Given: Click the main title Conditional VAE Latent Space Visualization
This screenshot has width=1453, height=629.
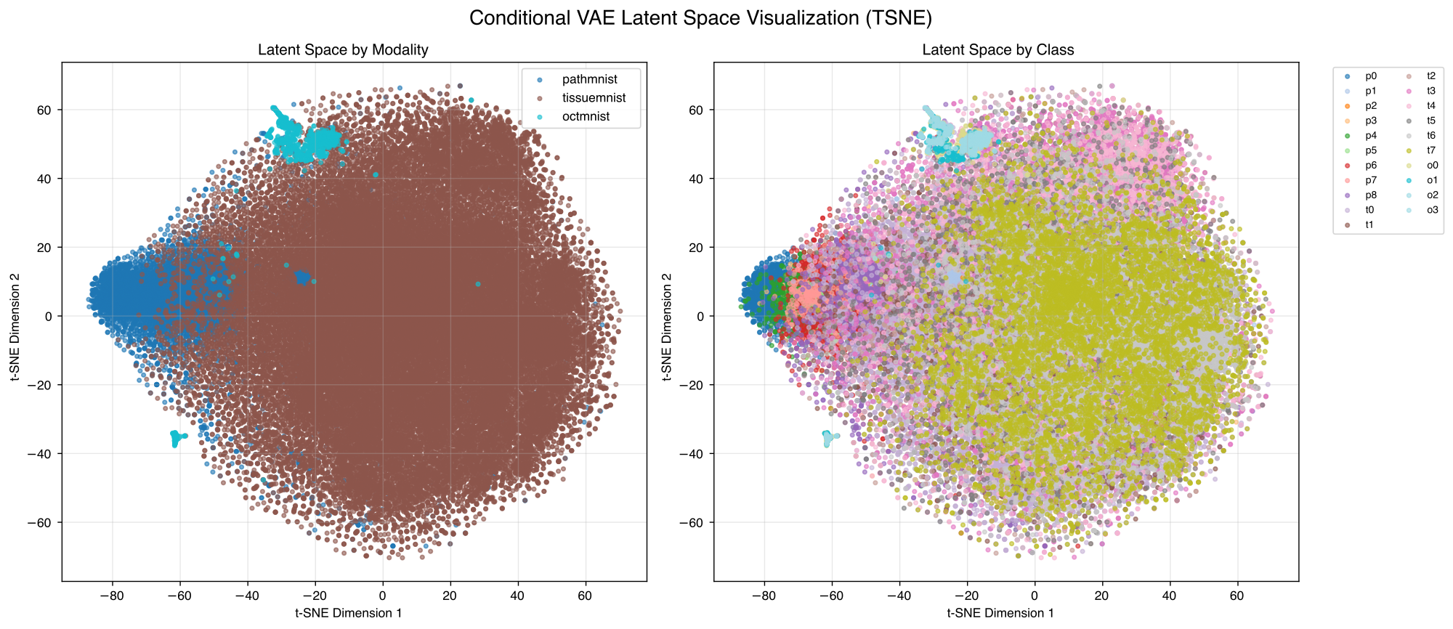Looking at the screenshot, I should pos(700,18).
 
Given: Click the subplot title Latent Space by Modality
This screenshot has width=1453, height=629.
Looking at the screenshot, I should pos(343,50).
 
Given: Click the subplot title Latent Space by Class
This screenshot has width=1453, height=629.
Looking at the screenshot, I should pos(997,50).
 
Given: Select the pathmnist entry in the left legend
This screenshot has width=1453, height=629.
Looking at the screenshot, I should pos(589,79).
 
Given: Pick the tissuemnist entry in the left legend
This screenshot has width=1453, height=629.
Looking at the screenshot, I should pos(594,98).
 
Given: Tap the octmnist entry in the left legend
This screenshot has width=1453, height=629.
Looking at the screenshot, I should pos(586,117).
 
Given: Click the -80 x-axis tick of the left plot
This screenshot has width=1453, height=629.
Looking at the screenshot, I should pos(112,596).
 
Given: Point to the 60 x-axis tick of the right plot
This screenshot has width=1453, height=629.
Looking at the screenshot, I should pos(1237,596).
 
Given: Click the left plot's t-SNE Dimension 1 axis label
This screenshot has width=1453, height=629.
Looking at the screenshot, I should pos(348,613).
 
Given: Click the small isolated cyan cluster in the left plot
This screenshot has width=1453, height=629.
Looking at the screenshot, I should pos(176,438).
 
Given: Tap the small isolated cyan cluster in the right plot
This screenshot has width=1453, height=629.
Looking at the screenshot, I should pos(828,438).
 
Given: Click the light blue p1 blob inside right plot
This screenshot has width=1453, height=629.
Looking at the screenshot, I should pos(953,277).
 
